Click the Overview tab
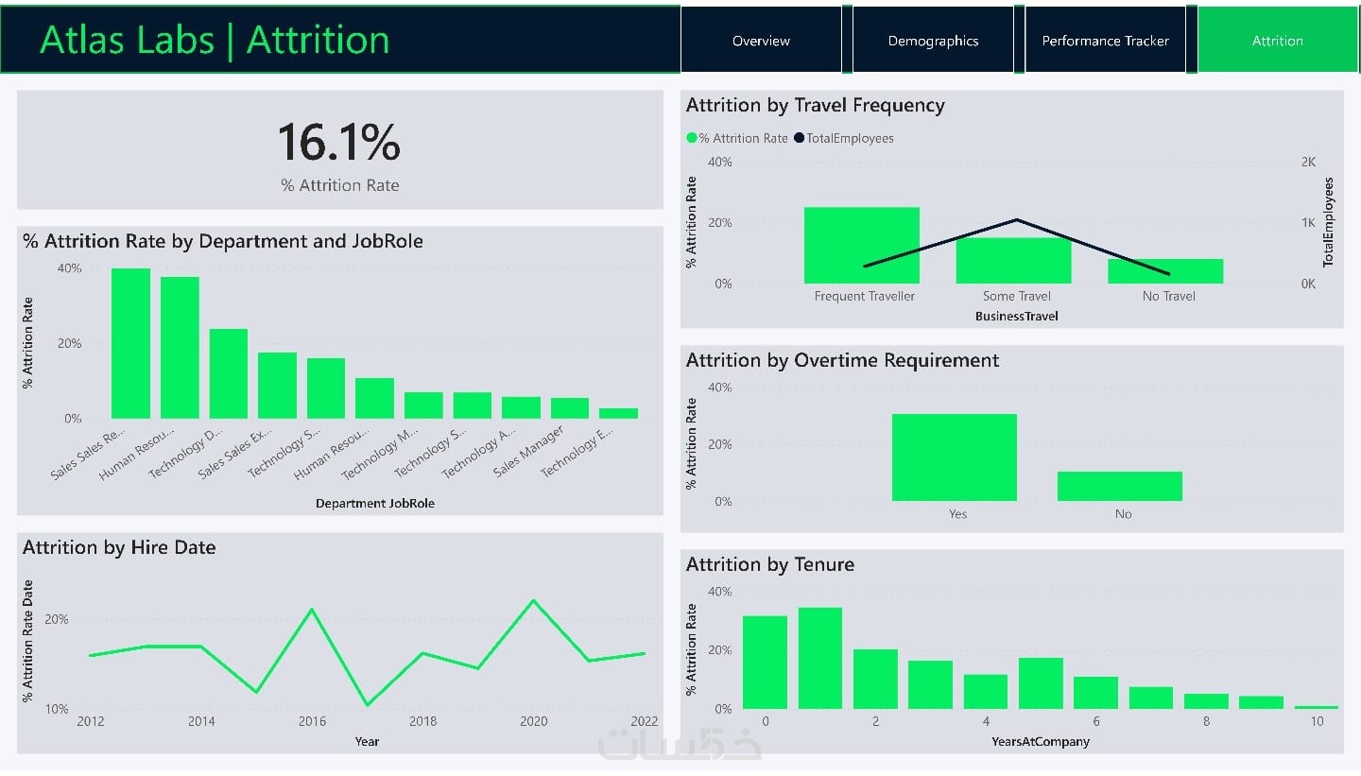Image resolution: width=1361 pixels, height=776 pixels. tap(761, 41)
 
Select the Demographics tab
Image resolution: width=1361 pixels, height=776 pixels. tap(933, 41)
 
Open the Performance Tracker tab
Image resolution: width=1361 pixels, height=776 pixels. tap(1105, 41)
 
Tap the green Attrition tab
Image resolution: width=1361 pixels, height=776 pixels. tap(1277, 41)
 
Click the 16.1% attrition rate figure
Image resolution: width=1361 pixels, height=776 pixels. tap(338, 143)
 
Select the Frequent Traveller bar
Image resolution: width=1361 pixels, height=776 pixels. tap(861, 246)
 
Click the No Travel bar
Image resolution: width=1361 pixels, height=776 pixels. tap(1165, 271)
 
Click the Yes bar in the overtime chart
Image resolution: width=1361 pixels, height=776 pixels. tap(954, 457)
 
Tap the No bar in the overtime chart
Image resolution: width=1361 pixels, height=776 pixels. tap(1119, 486)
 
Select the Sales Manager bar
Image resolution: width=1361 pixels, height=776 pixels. tap(570, 408)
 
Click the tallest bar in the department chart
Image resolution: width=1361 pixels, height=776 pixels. tap(130, 343)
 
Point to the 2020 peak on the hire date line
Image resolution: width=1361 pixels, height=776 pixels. tap(534, 601)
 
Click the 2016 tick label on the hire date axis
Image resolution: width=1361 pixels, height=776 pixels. tap(312, 721)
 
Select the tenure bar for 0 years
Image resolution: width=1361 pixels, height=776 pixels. tap(765, 662)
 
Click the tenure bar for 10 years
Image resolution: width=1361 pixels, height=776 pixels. tap(1316, 706)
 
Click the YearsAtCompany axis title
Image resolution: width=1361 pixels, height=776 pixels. tap(1040, 742)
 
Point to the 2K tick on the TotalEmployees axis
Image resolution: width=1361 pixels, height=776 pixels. tap(1308, 163)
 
